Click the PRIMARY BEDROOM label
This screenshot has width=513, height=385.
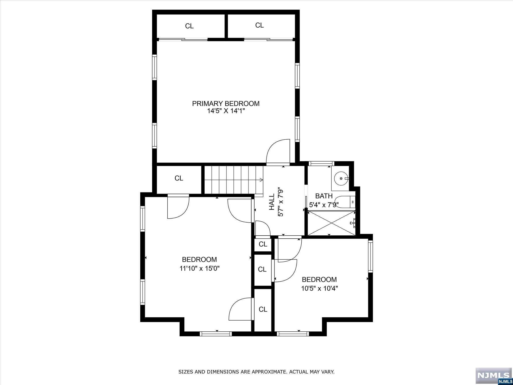coord(226,104)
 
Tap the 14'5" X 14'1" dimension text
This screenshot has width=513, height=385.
coord(226,111)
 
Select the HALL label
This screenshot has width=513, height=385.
coord(272,203)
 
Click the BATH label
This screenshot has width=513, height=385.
coord(324,196)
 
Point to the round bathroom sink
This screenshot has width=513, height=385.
coord(341,178)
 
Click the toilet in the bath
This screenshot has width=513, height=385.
coord(345,202)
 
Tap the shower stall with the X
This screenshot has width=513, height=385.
coord(331,223)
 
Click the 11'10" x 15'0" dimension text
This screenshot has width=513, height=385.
coord(200,268)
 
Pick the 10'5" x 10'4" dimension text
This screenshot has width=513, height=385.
coord(319,288)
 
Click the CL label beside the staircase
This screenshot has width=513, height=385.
coord(179,178)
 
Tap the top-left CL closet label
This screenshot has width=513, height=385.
coord(189,26)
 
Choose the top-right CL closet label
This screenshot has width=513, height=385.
coord(260,25)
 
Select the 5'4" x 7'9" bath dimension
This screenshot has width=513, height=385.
coord(324,205)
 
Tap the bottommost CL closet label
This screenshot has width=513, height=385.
coord(263,310)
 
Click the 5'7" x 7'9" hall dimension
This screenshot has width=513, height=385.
coord(281,203)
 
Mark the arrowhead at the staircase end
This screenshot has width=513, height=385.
coord(261,179)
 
